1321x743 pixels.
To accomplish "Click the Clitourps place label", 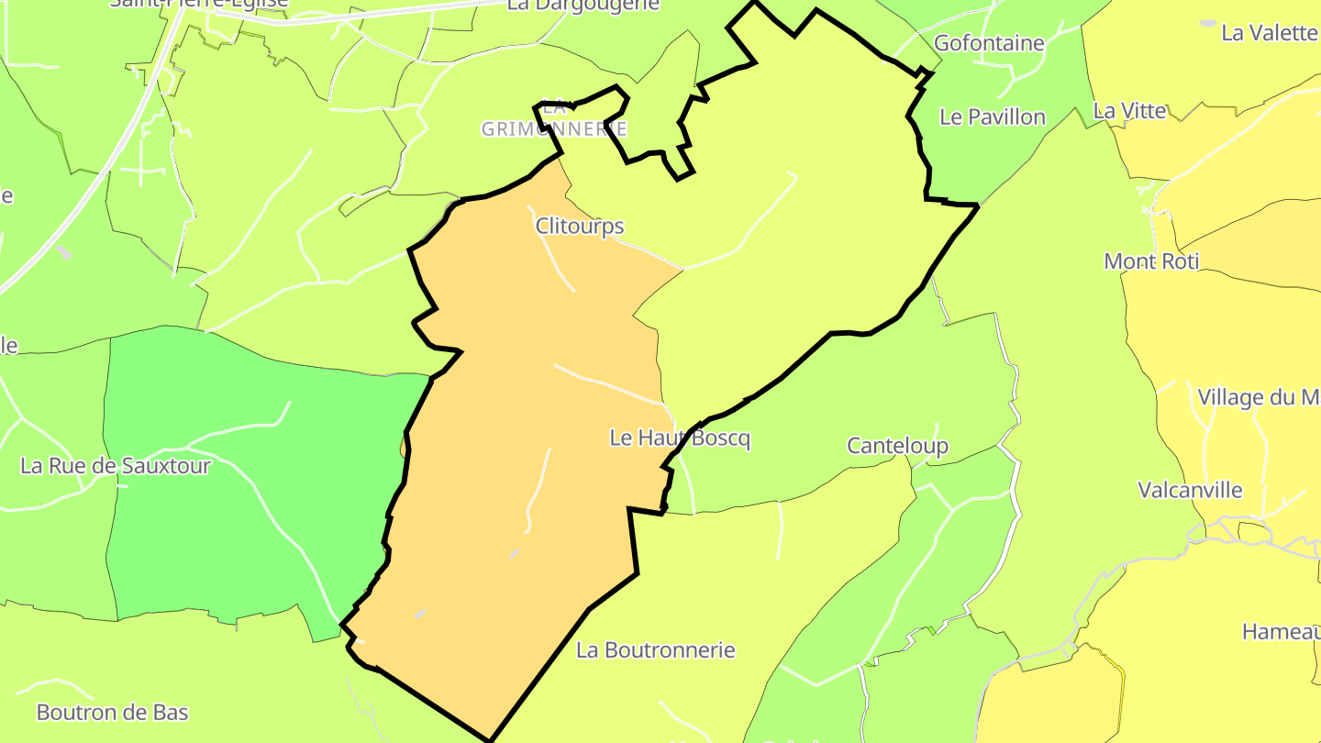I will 579,227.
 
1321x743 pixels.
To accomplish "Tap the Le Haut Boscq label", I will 680,438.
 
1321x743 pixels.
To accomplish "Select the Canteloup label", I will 897,446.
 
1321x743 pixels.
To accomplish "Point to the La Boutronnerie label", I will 656,650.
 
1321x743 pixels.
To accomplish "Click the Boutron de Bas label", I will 112,712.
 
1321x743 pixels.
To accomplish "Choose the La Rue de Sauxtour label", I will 116,466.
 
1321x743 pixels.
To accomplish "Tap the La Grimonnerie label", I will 554,120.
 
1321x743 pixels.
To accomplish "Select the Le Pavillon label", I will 993,117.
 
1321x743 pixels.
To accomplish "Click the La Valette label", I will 1270,33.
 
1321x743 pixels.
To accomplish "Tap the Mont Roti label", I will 1151,261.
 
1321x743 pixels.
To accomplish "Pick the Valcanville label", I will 1190,490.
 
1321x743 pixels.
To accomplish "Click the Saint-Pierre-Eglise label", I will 199,4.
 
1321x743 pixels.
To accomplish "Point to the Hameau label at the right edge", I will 1281,632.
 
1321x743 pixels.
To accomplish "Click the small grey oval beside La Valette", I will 1208,23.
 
